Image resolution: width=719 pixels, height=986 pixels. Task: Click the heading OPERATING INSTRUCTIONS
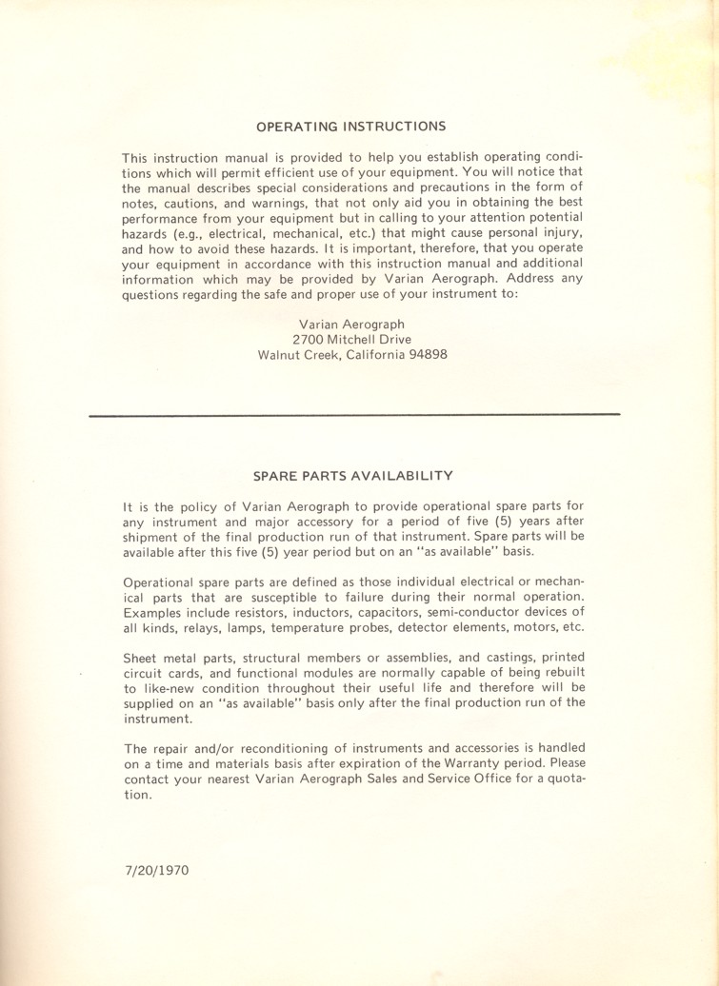point(351,125)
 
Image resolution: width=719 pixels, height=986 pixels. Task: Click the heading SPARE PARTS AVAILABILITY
point(351,475)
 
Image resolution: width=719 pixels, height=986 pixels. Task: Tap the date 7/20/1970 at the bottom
point(156,871)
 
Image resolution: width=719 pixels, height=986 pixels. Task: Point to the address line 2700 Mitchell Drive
point(351,340)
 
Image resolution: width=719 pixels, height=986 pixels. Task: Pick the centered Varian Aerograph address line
point(351,324)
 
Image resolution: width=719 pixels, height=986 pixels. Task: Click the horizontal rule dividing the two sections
point(354,414)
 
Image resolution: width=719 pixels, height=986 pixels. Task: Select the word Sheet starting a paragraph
point(141,657)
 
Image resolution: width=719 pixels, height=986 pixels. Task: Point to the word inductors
point(325,611)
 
